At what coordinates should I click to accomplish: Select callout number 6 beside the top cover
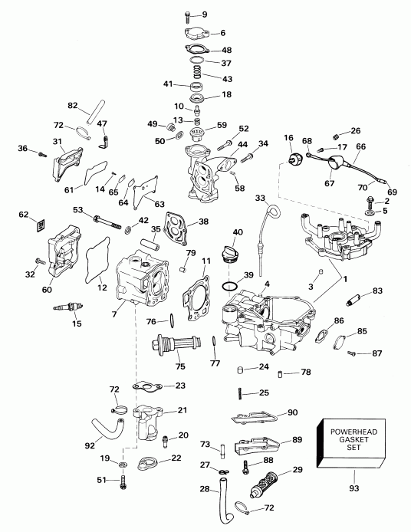tap(222, 33)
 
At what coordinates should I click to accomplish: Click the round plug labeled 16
tap(293, 157)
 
